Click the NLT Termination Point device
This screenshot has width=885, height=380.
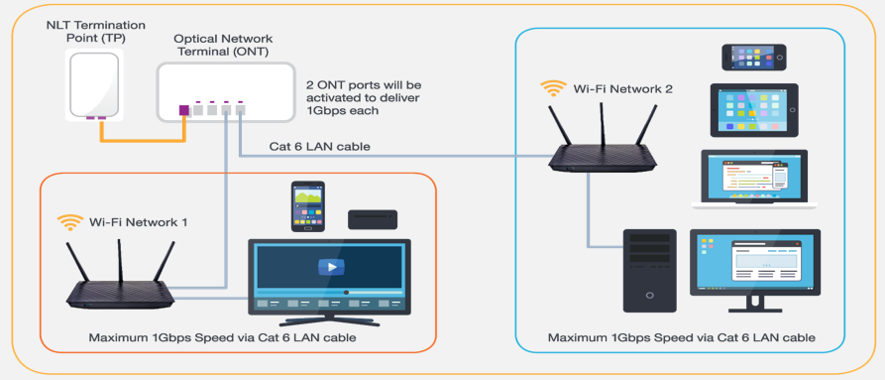tap(96, 84)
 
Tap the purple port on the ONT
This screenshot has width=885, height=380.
tap(182, 109)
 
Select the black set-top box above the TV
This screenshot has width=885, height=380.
tap(372, 219)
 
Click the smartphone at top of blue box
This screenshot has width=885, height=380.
tap(755, 57)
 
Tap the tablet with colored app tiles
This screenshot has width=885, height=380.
tap(755, 109)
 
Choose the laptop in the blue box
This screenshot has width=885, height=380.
tap(755, 179)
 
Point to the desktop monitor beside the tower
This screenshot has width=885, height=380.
tap(755, 268)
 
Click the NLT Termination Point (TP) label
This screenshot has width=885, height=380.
tap(96, 30)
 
